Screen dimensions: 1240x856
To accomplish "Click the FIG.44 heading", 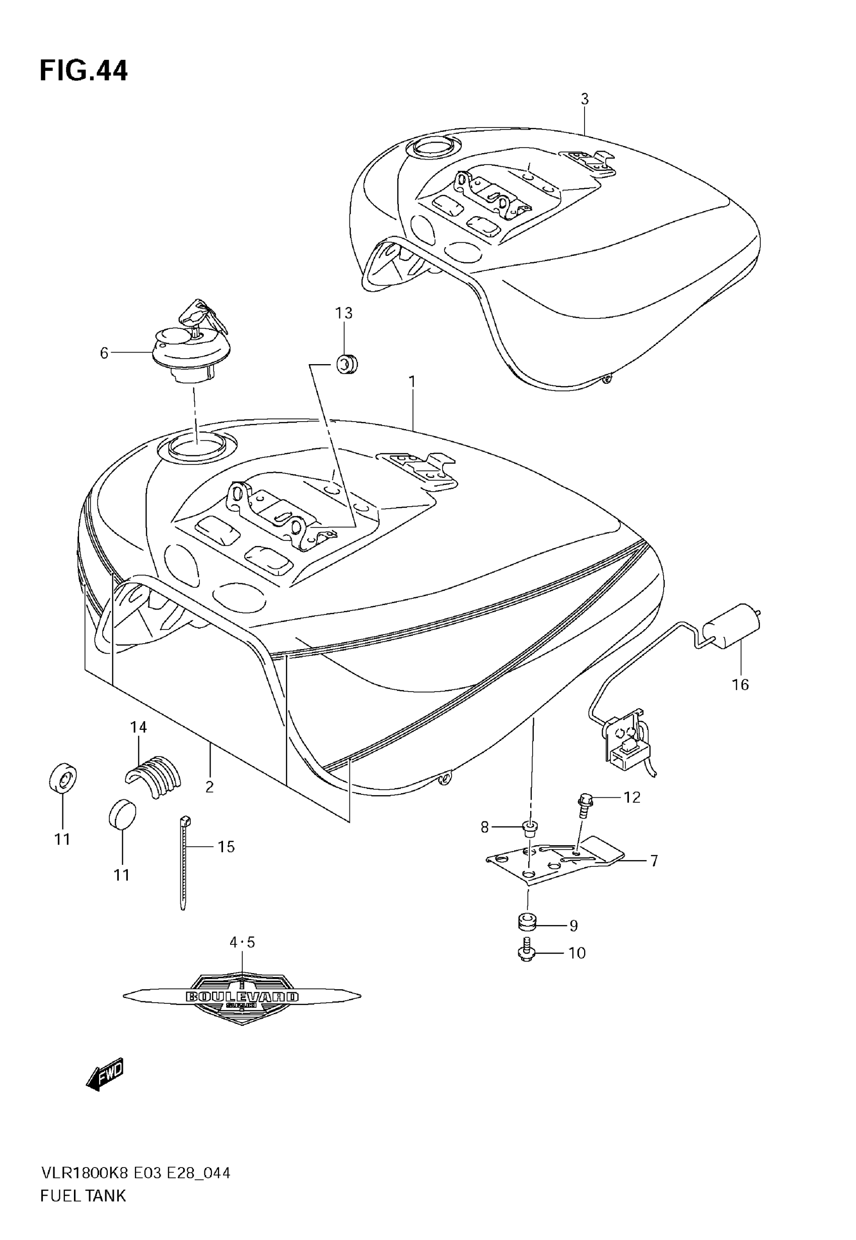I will click(x=84, y=72).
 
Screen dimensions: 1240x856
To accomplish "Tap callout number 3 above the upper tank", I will click(x=585, y=99).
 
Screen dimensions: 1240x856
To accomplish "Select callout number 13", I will click(x=344, y=313).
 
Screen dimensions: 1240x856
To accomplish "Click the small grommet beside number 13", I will click(x=346, y=364).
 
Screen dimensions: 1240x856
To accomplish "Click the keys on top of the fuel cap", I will click(x=203, y=317).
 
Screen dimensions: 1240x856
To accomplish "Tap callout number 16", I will click(x=740, y=685).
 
